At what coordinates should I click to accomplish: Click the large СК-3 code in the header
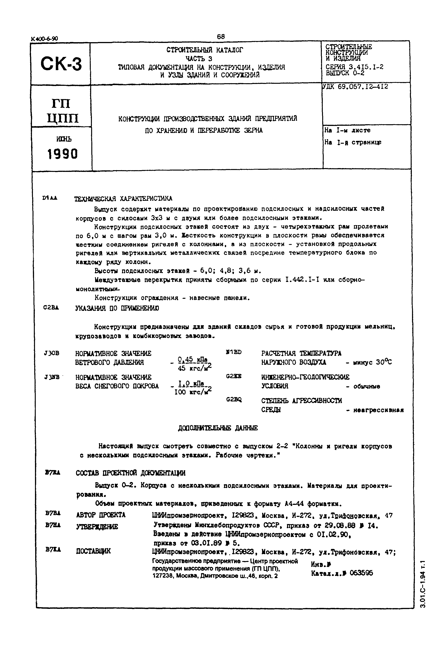point(61,64)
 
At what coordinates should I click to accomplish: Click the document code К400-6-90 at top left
point(45,39)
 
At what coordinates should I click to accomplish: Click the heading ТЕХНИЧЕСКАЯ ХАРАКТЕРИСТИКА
point(123,199)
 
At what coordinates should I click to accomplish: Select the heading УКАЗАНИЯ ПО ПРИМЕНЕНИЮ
point(117,308)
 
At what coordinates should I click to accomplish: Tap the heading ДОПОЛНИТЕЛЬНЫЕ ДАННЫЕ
point(218,428)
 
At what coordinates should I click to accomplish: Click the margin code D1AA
point(50,198)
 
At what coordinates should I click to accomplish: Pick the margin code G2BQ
point(234,400)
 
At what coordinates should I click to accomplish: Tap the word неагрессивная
point(378,410)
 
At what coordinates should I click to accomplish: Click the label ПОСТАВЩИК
point(93,551)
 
